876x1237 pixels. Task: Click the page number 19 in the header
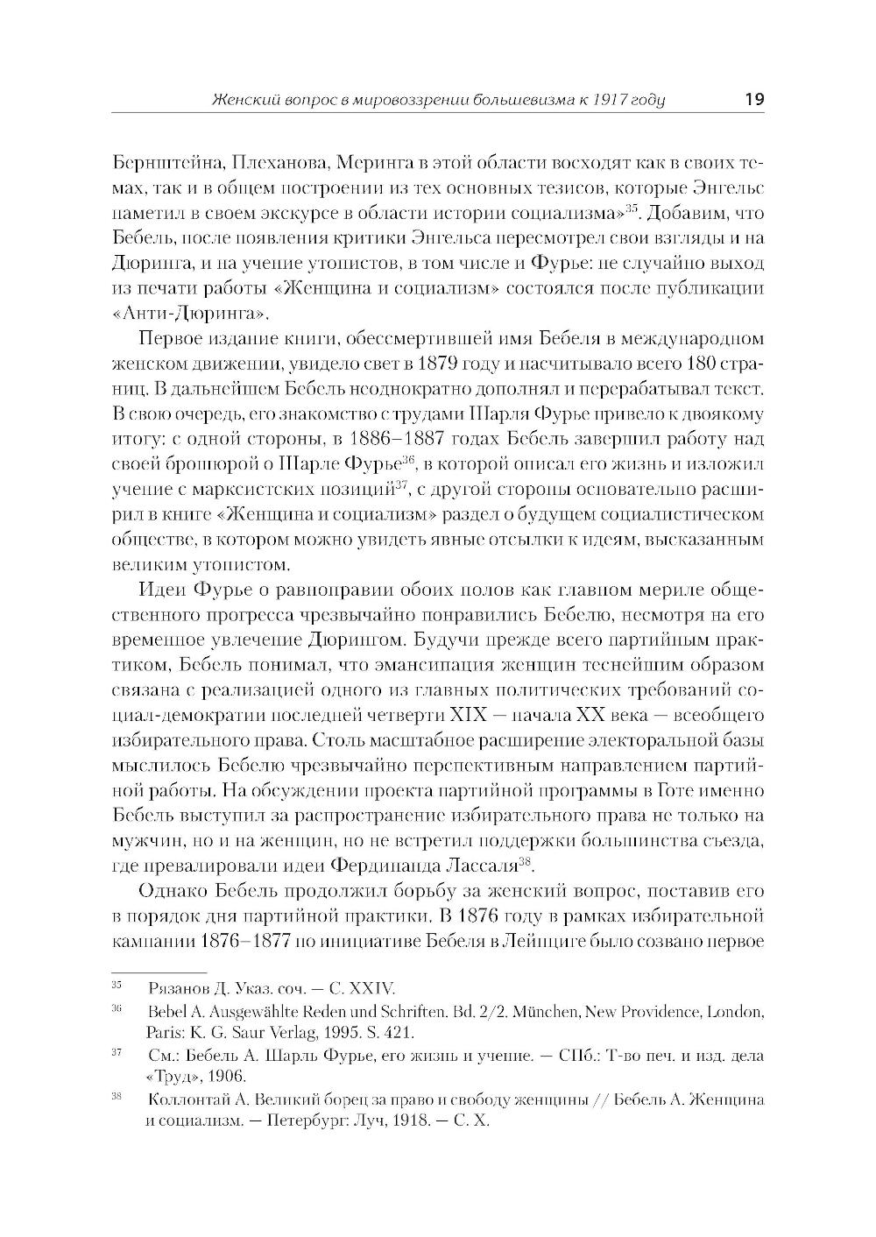click(x=753, y=99)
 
